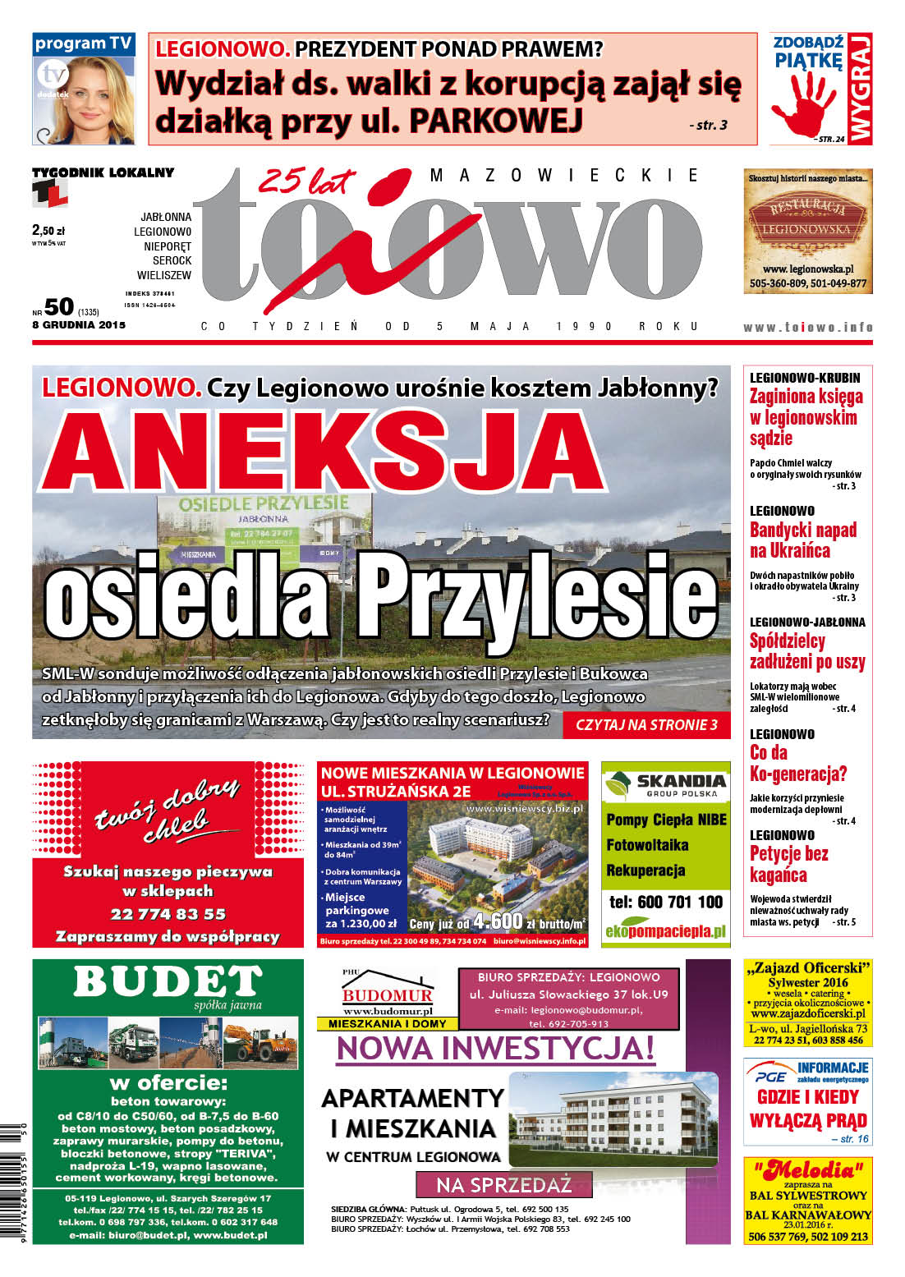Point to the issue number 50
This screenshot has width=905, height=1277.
59,307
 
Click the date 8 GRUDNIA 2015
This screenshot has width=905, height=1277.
79,324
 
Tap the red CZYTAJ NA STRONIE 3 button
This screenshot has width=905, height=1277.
646,724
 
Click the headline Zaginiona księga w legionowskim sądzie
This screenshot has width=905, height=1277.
806,417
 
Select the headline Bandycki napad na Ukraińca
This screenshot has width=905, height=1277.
802,540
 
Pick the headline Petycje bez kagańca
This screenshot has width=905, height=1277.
788,864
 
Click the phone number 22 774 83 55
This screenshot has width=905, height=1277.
168,914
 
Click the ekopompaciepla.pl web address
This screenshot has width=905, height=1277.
665,931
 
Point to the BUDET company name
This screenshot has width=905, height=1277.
168,981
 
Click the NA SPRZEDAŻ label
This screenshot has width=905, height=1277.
503,1185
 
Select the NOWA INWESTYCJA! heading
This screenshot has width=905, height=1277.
495,1048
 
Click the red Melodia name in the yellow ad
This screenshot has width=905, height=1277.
808,1169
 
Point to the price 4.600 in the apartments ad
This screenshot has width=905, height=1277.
498,920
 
